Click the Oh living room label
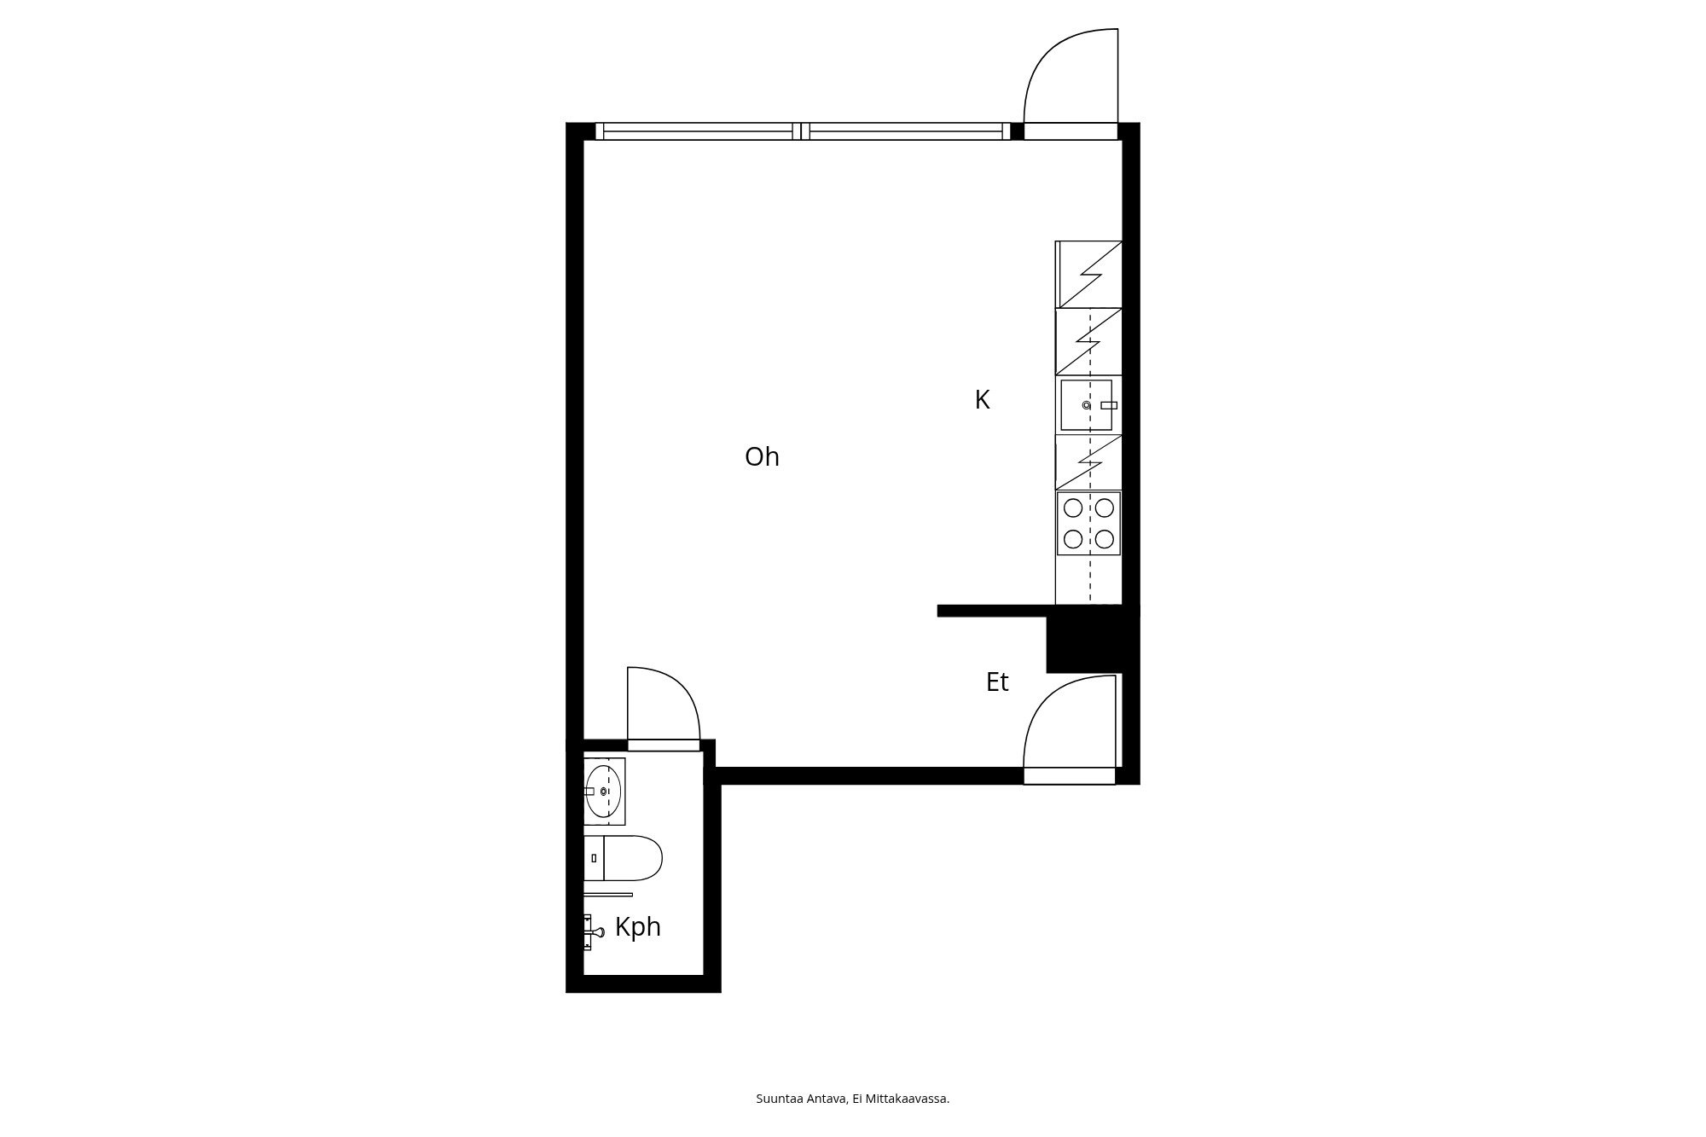click(x=762, y=457)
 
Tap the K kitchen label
click(x=982, y=400)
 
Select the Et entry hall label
click(x=997, y=682)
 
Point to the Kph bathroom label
click(x=638, y=927)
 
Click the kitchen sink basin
click(x=1086, y=405)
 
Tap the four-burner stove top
click(x=1088, y=523)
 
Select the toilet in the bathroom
click(x=624, y=858)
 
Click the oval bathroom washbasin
click(x=603, y=792)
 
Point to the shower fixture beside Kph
click(x=593, y=931)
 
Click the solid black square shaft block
click(x=1092, y=644)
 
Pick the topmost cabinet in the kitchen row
click(x=1088, y=275)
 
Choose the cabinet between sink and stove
click(x=1088, y=462)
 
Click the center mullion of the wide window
click(x=801, y=131)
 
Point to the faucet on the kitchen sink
click(x=1108, y=405)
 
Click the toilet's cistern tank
click(x=594, y=858)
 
